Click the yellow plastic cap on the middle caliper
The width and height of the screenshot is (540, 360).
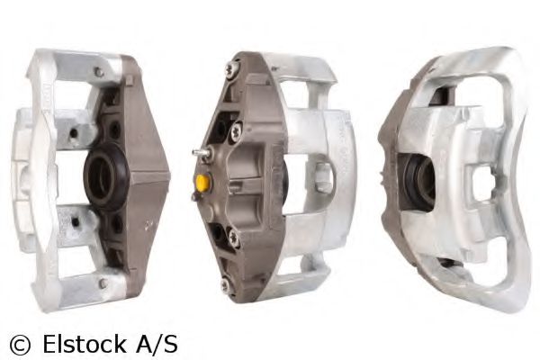pos(202,182)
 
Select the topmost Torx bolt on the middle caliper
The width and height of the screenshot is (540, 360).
pos(233,67)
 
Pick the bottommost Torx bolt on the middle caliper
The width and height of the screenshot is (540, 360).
pos(226,285)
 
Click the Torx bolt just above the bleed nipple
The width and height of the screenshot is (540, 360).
pos(237,132)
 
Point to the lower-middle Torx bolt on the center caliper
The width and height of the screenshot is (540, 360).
pos(234,238)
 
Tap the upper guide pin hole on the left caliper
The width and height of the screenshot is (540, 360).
pos(74,132)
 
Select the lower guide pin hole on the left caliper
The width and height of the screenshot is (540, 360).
pos(75,222)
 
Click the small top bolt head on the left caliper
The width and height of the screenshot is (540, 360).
pos(99,72)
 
